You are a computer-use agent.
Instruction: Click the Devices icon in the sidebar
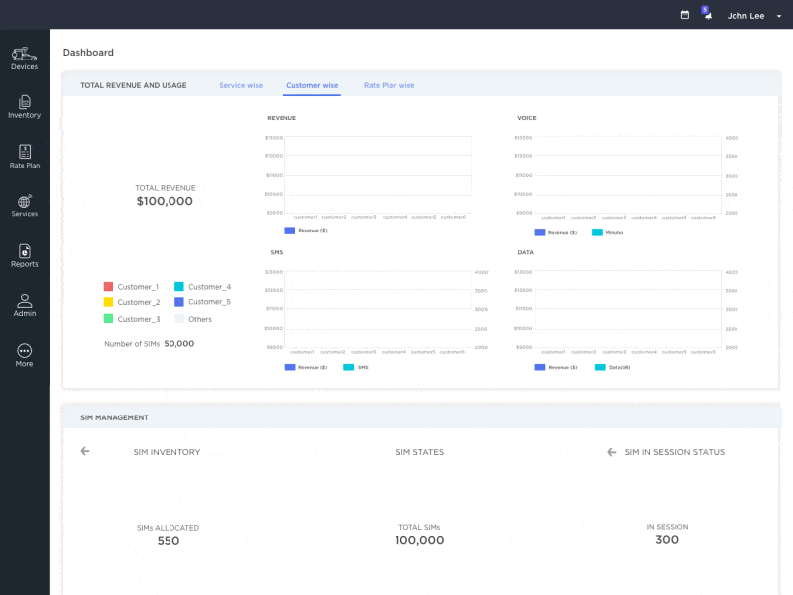(x=24, y=54)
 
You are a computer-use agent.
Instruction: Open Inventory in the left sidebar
(x=24, y=102)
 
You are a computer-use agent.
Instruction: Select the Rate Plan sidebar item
(x=24, y=152)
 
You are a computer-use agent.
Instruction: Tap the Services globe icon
(x=24, y=202)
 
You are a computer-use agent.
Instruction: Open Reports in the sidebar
(x=24, y=252)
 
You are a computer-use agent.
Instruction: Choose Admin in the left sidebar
(x=24, y=301)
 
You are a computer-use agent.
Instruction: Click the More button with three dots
(x=24, y=351)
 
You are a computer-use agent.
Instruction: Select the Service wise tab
(x=241, y=86)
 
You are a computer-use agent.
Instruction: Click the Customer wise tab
(x=312, y=86)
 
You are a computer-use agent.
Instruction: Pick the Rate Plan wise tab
(x=389, y=86)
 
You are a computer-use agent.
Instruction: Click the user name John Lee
(x=745, y=16)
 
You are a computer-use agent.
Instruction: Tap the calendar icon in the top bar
(x=685, y=16)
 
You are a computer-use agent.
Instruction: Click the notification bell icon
(x=708, y=16)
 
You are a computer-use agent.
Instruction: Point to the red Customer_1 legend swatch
(x=109, y=287)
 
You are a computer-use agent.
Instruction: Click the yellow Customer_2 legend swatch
(x=109, y=302)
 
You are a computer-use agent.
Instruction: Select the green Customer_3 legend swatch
(x=109, y=319)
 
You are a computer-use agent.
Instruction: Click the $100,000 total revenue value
(x=165, y=201)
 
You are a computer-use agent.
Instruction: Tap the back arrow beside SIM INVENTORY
(x=85, y=451)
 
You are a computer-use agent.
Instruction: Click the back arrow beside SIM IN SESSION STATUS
(x=612, y=452)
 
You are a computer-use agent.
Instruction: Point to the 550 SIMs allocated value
(x=169, y=541)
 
